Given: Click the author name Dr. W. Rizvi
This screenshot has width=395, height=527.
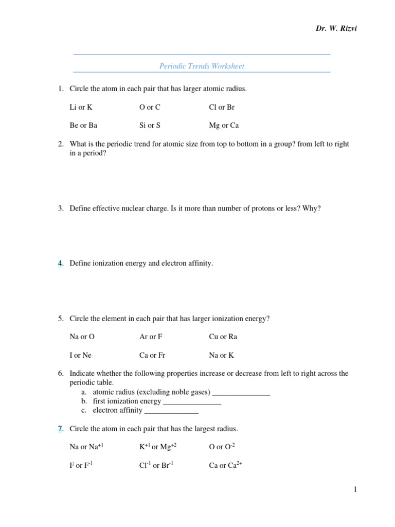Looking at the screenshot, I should pyautogui.click(x=336, y=28).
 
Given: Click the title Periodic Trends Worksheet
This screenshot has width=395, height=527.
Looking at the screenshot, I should pyautogui.click(x=202, y=66).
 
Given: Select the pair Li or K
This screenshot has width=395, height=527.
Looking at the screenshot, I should pyautogui.click(x=81, y=107).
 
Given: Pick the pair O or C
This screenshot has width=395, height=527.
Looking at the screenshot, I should pyautogui.click(x=150, y=107).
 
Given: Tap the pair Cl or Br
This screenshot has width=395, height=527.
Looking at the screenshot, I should pyautogui.click(x=222, y=107).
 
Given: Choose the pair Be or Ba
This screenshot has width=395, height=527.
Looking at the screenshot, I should pyautogui.click(x=83, y=125).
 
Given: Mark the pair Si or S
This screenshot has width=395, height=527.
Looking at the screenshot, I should pyautogui.click(x=150, y=125).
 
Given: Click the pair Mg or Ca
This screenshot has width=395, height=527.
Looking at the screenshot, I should pyautogui.click(x=224, y=125).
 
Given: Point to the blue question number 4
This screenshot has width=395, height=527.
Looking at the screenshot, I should pyautogui.click(x=60, y=263).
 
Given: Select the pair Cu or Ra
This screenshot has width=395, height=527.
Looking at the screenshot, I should pyautogui.click(x=223, y=337).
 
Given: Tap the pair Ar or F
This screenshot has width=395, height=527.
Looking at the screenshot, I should pyautogui.click(x=151, y=337).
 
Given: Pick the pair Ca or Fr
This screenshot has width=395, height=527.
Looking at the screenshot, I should pyautogui.click(x=152, y=355).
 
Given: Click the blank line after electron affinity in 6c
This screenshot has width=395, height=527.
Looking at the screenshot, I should pyautogui.click(x=171, y=411).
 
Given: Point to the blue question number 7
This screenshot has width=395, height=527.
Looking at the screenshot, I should pyautogui.click(x=60, y=429).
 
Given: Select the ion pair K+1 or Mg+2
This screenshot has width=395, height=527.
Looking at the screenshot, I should pyautogui.click(x=158, y=447).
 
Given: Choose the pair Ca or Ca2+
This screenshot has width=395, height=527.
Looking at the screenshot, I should pyautogui.click(x=225, y=465).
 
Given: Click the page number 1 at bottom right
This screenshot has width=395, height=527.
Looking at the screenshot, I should pyautogui.click(x=355, y=490).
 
